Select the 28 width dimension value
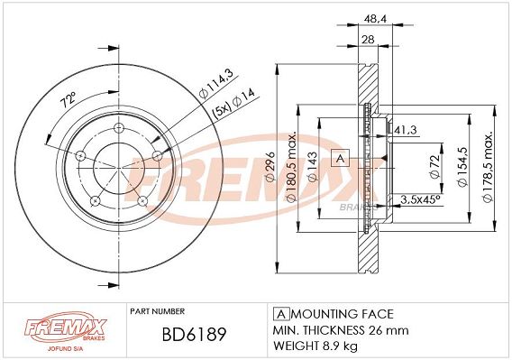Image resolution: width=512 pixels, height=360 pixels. point(368,40)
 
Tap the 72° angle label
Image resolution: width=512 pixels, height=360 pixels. point(69,100)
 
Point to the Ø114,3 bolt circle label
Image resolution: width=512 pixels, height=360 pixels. point(215,84)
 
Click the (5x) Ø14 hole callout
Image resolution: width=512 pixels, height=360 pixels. point(233,104)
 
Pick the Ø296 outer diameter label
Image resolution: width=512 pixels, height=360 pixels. point(270,167)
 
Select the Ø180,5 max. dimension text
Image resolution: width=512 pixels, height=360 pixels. point(291,167)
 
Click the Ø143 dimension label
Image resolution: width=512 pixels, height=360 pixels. point(312,167)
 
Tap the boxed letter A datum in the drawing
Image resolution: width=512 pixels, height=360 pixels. point(340,158)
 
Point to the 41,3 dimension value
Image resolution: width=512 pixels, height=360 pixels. point(406,130)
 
